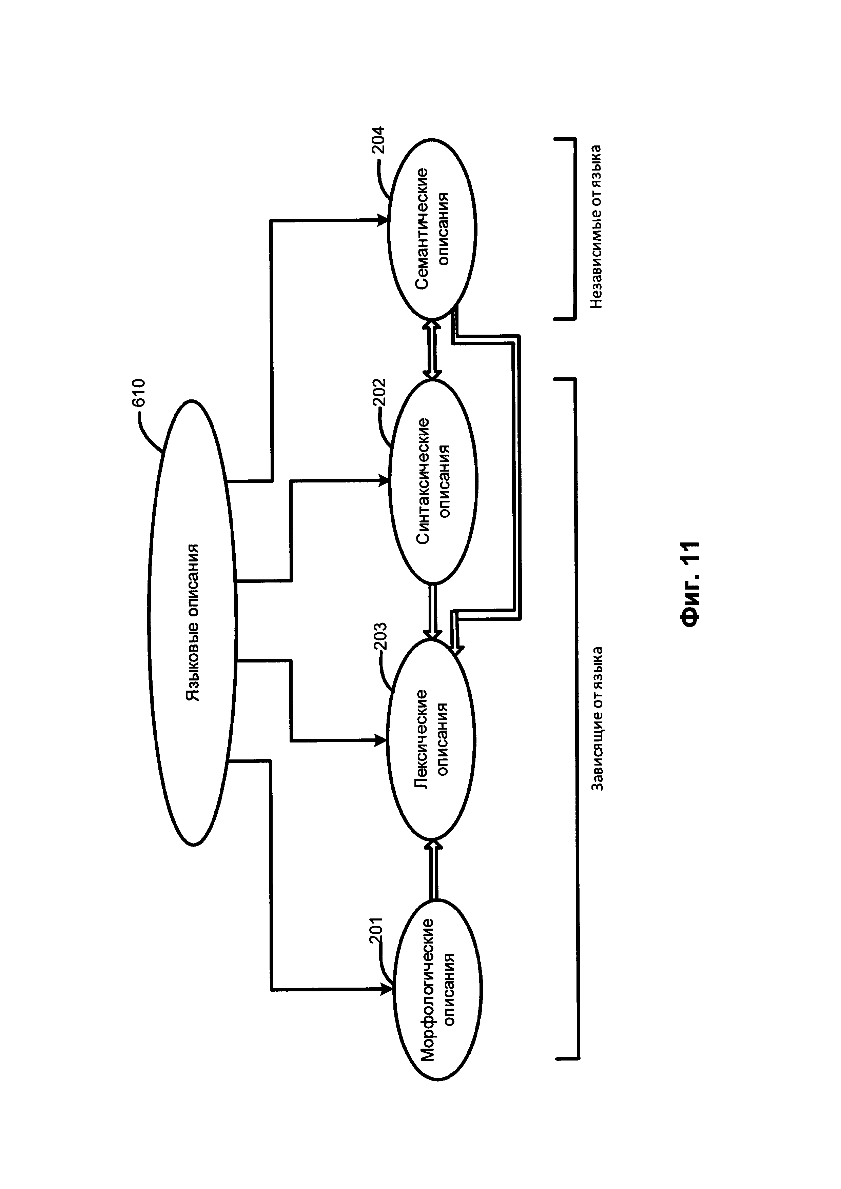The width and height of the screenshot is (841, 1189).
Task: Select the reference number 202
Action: (379, 394)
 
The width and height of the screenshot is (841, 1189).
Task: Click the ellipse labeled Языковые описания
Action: (193, 623)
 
